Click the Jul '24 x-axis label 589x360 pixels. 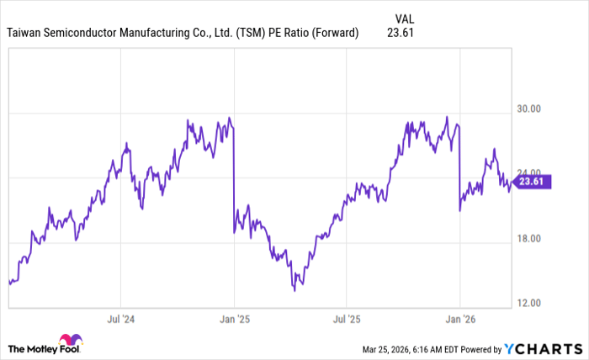[120, 320]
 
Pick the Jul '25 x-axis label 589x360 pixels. [347, 320]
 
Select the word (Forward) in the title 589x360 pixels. [336, 34]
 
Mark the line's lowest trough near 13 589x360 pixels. [294, 290]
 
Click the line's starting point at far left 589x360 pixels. [9, 282]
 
